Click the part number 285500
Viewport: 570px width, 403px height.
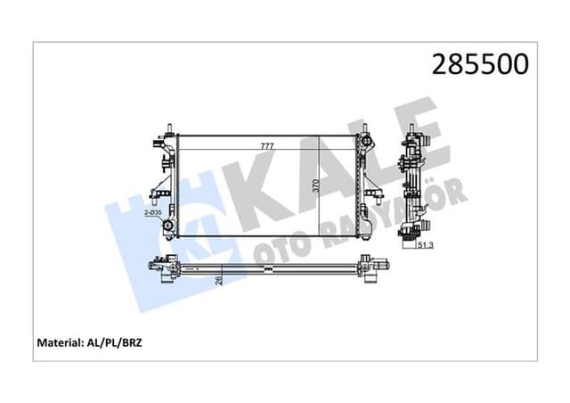click(x=479, y=64)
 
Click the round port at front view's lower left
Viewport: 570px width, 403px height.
click(x=167, y=226)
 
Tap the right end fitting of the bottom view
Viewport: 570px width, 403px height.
click(x=370, y=265)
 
